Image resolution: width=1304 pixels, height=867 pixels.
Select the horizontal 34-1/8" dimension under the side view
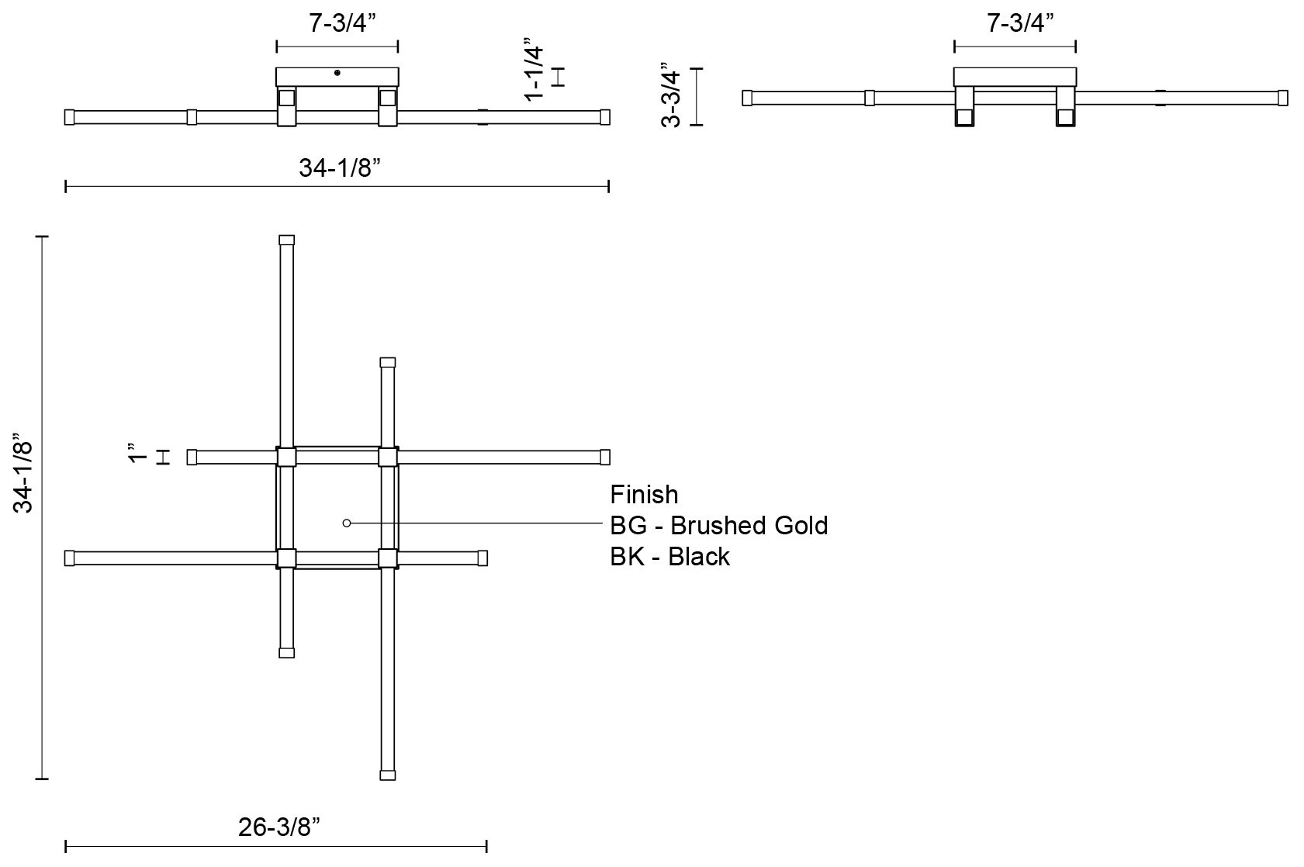coord(338,168)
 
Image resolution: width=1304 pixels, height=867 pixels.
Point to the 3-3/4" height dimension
coord(672,97)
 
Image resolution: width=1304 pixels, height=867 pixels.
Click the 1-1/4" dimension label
coord(534,70)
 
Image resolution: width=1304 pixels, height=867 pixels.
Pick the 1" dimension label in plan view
coord(137,453)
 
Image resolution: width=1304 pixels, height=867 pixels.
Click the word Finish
coord(644,495)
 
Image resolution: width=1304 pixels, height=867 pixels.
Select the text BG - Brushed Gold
coord(718,526)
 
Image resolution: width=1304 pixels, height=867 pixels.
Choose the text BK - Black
coord(669,557)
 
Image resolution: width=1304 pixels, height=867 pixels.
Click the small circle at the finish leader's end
coord(347,523)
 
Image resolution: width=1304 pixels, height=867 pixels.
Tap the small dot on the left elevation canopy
coord(337,73)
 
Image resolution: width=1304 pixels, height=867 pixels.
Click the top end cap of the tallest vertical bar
coord(286,240)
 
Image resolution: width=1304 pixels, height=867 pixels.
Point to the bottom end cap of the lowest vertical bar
coord(388,774)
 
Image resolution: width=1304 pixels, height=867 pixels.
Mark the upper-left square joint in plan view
coord(286,457)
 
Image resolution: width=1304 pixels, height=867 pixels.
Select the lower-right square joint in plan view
coord(388,558)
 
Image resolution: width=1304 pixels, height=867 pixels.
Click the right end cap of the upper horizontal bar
coord(605,457)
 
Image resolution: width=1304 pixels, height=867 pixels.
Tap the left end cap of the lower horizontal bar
coord(69,558)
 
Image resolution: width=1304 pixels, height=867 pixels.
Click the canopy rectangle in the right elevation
coord(1015,77)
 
